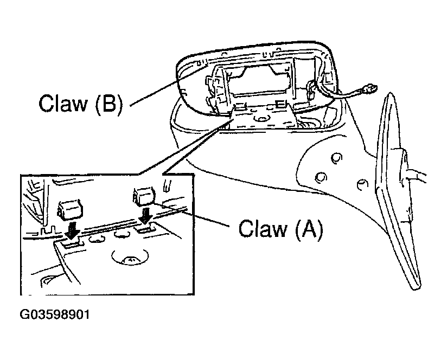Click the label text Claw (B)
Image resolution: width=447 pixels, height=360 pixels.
tap(80, 103)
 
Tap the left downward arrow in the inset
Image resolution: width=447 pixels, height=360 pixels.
tap(71, 231)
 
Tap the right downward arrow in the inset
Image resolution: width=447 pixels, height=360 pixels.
tap(145, 216)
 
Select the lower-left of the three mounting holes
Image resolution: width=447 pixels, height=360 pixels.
tap(321, 177)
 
